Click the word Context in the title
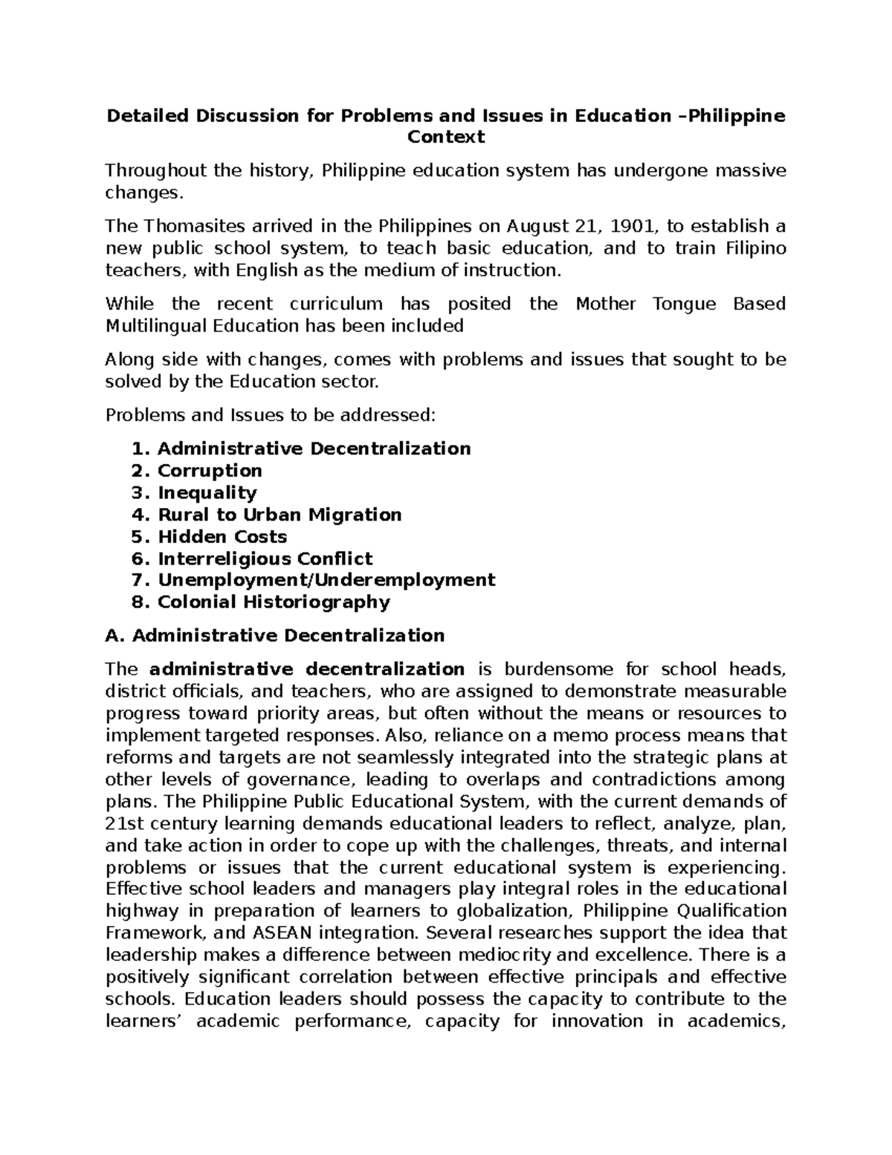[445, 137]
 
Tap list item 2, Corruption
[210, 471]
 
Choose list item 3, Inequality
[207, 492]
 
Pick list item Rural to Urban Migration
[279, 515]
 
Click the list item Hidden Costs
[222, 536]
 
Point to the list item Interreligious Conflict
[265, 559]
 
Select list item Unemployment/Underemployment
[326, 579]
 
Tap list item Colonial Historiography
[274, 602]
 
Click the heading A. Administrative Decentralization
[275, 635]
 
